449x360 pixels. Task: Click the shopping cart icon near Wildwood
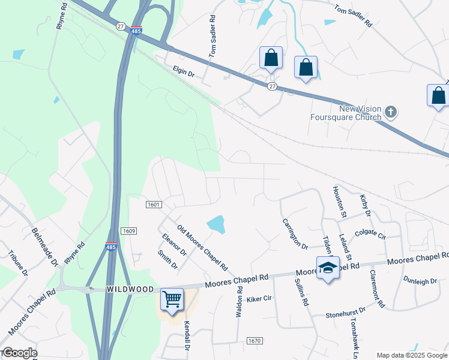pyautogui.click(x=172, y=298)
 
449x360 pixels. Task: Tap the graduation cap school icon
pyautogui.click(x=328, y=268)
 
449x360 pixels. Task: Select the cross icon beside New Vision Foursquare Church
pyautogui.click(x=391, y=111)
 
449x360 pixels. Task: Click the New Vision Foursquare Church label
pyautogui.click(x=360, y=113)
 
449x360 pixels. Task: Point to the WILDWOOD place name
pyautogui.click(x=130, y=289)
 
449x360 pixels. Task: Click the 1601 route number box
pyautogui.click(x=153, y=205)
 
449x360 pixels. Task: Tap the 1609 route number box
pyautogui.click(x=128, y=231)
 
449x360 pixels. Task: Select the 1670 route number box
pyautogui.click(x=254, y=341)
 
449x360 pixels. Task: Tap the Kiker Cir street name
pyautogui.click(x=259, y=298)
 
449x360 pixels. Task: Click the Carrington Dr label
pyautogui.click(x=295, y=234)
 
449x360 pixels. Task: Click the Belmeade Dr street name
pyautogui.click(x=45, y=247)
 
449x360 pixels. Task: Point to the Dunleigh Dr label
pyautogui.click(x=420, y=280)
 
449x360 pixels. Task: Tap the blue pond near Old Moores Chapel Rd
pyautogui.click(x=216, y=225)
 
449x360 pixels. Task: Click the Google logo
pyautogui.click(x=19, y=353)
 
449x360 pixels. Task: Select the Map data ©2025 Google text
pyautogui.click(x=412, y=355)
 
